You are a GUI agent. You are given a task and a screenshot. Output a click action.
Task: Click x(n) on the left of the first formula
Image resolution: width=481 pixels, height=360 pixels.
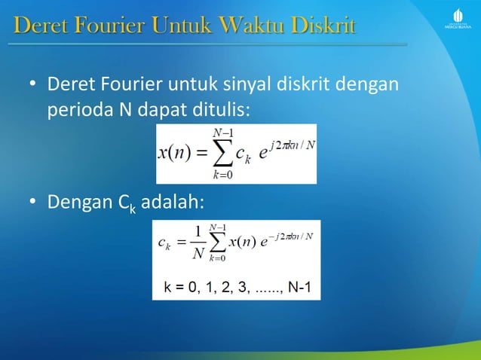click(173, 154)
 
